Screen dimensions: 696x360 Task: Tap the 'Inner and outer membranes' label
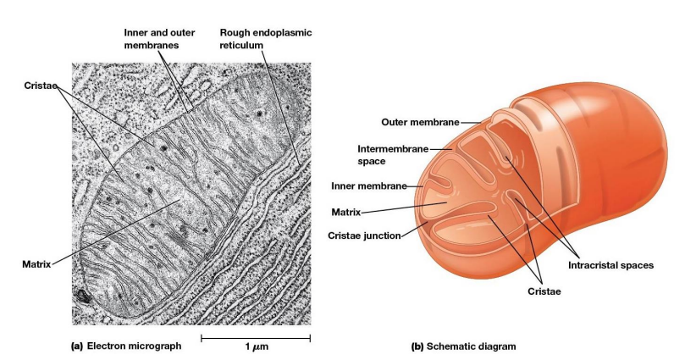159,38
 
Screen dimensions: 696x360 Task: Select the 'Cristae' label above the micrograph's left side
41,86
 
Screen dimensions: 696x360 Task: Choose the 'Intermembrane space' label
392,154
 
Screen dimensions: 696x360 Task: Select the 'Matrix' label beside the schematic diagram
346,212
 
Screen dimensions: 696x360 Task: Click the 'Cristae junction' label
364,235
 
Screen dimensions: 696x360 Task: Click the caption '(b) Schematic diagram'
462,346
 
